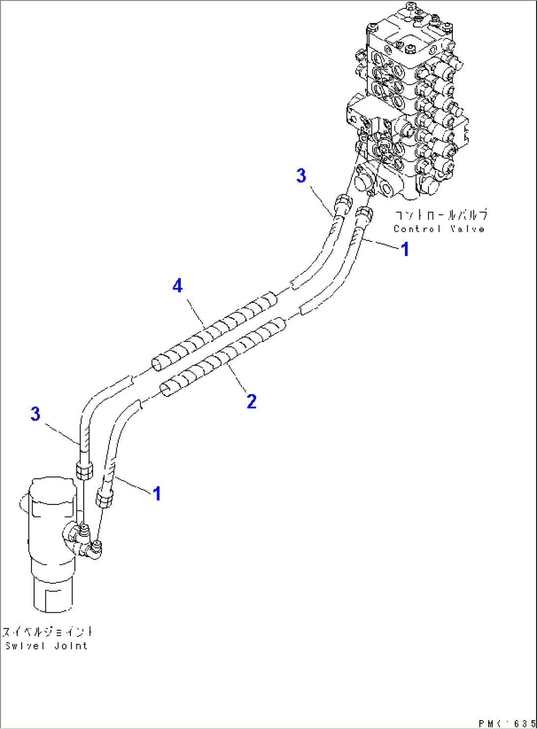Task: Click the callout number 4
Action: (x=177, y=285)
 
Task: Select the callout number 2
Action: (x=251, y=401)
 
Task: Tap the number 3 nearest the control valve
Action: (x=301, y=175)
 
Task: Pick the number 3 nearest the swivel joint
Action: (x=35, y=414)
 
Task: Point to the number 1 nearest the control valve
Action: (x=405, y=249)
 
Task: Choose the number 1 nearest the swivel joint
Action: (x=157, y=493)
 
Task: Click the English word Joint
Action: (x=71, y=646)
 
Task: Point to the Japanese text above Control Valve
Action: (x=440, y=215)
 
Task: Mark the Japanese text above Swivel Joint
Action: (x=47, y=632)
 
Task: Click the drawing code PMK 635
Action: (x=506, y=723)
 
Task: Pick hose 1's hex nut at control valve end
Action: (x=363, y=214)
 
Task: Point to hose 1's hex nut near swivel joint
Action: (x=105, y=498)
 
